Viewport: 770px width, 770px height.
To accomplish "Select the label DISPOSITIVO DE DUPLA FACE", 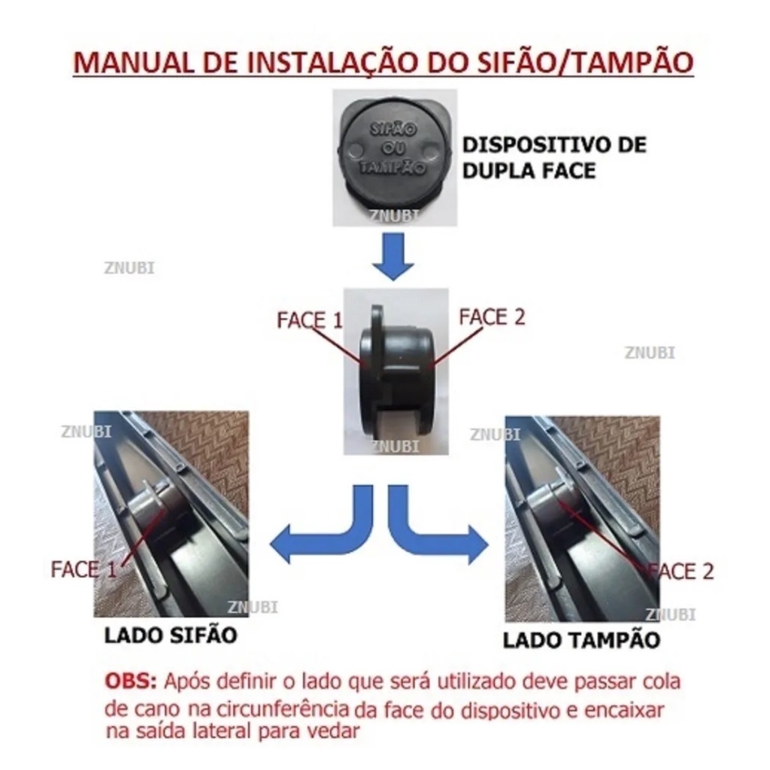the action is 554,157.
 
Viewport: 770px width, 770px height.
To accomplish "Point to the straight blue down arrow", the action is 393,256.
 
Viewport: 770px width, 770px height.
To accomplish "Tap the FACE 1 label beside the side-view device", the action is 309,320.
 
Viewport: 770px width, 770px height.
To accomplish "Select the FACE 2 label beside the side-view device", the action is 492,317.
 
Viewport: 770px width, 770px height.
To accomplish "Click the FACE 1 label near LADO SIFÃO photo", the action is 83,570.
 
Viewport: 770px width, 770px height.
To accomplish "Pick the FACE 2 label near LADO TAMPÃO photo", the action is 681,571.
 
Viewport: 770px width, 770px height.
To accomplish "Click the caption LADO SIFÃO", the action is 171,635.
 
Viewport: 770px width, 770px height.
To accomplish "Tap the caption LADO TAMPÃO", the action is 581,640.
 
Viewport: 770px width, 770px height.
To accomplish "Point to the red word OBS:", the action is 130,681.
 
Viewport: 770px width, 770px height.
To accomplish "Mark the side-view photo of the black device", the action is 396,371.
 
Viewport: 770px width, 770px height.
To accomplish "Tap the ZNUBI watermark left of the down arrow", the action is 129,268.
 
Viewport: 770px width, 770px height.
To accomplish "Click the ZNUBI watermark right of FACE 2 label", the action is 650,353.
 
